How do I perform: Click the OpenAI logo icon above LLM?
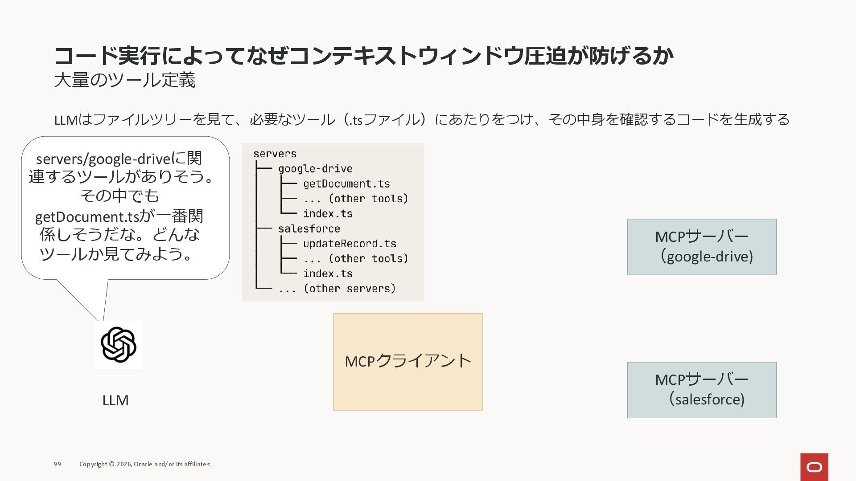click(x=118, y=344)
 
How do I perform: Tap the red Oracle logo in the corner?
click(x=814, y=467)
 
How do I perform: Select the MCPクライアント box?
click(x=407, y=362)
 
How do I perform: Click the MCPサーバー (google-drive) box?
click(x=701, y=247)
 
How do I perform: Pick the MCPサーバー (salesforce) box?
click(x=701, y=390)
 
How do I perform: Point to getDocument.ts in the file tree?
click(x=346, y=184)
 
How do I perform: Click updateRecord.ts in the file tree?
click(x=350, y=244)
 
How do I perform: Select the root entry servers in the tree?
click(x=275, y=154)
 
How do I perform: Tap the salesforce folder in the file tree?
click(x=309, y=229)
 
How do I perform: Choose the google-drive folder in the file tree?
click(x=315, y=169)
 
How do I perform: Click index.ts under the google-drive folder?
click(x=328, y=214)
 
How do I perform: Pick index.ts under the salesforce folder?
click(x=328, y=273)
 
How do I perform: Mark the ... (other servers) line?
click(x=337, y=289)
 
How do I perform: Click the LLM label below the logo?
click(x=115, y=400)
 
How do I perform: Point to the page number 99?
click(x=58, y=464)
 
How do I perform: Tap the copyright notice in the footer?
click(x=144, y=464)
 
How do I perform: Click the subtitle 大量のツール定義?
click(x=125, y=81)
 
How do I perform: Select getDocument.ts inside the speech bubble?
click(x=87, y=217)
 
